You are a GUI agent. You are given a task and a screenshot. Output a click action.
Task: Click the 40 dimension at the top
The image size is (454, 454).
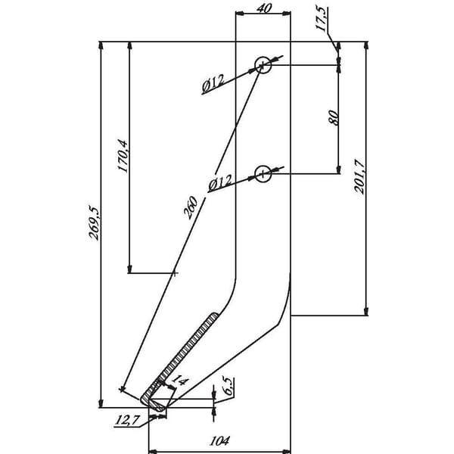(264, 8)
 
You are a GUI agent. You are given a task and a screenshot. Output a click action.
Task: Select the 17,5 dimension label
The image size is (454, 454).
(322, 19)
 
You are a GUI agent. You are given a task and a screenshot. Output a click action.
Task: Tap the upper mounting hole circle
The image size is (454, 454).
(263, 65)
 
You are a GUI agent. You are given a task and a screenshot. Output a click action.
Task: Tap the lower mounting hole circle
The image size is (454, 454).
(263, 174)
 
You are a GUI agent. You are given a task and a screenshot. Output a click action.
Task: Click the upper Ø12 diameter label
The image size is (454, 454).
(213, 82)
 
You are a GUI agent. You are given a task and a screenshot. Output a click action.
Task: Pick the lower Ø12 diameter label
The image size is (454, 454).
(220, 182)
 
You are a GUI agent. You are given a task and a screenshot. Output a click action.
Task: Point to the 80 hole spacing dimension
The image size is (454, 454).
(334, 117)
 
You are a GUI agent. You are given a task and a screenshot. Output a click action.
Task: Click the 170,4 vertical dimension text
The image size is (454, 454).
(123, 156)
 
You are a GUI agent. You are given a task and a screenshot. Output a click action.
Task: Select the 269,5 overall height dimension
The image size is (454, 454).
(94, 223)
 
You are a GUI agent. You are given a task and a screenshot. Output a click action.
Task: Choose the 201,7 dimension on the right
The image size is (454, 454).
(359, 176)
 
